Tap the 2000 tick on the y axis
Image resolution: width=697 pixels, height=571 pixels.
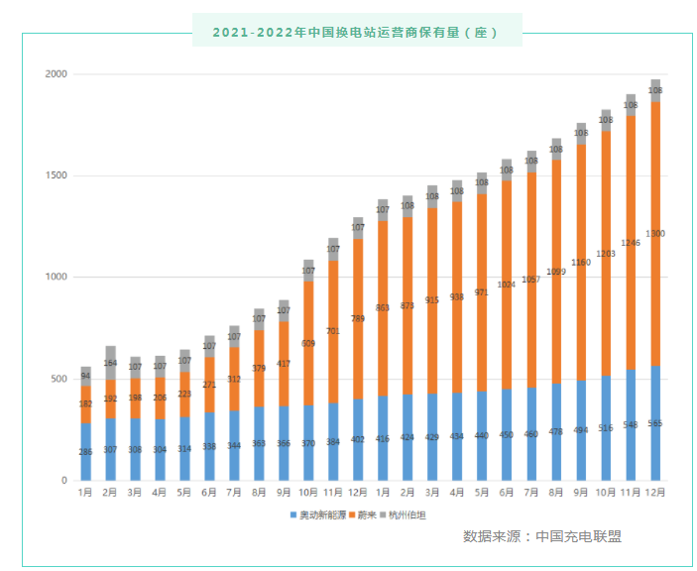56,74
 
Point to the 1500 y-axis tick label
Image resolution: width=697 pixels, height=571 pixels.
56,176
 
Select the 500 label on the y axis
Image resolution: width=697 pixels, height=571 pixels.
58,379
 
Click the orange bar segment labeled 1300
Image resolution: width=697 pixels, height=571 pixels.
655,234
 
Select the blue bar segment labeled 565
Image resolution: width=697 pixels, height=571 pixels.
655,423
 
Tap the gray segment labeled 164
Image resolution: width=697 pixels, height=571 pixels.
110,363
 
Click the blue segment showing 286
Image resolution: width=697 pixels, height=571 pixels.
85,452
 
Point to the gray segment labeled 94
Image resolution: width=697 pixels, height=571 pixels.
85,376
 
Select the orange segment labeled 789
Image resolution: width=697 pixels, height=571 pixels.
358,319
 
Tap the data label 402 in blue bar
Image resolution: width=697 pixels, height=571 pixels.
358,439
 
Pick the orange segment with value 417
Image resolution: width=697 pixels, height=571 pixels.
284,364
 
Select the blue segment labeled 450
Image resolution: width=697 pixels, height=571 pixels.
507,434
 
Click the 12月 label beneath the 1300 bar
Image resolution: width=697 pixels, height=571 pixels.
655,493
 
